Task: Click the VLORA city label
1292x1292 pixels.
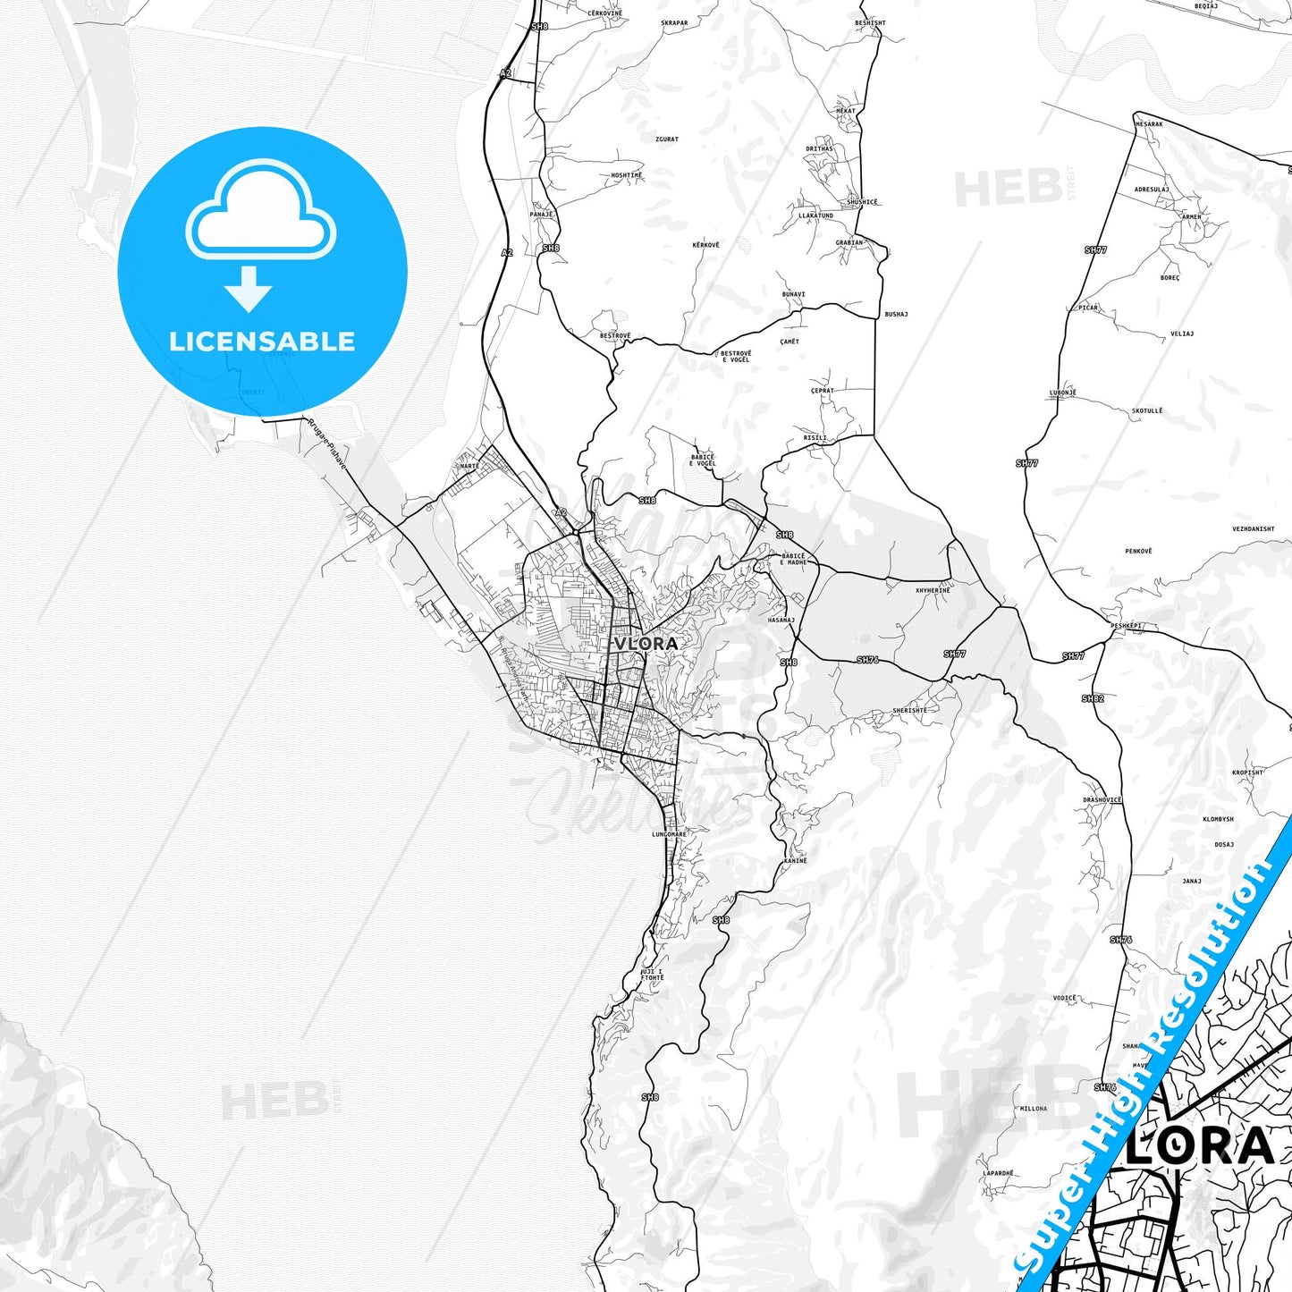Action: point(646,643)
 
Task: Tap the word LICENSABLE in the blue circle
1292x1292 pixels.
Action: point(262,341)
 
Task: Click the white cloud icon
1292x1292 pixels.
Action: point(260,210)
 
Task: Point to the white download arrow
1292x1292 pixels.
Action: point(248,289)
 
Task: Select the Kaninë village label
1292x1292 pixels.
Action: point(795,860)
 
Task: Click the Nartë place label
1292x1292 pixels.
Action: point(469,466)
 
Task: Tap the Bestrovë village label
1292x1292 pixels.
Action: point(615,335)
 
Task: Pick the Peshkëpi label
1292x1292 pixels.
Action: point(1127,626)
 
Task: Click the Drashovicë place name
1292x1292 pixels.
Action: point(1102,800)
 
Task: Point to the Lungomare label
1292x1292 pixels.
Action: point(669,834)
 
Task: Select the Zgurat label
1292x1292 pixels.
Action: point(667,139)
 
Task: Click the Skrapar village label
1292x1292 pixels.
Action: point(674,23)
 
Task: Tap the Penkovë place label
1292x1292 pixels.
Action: point(1138,551)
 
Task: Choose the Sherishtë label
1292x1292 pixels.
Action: point(909,710)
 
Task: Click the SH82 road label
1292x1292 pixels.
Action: point(1093,698)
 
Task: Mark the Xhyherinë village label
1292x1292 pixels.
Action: point(933,590)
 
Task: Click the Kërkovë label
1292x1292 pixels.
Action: point(705,244)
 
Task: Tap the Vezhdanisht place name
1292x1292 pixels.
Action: point(1253,528)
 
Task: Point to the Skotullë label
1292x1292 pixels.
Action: point(1147,411)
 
